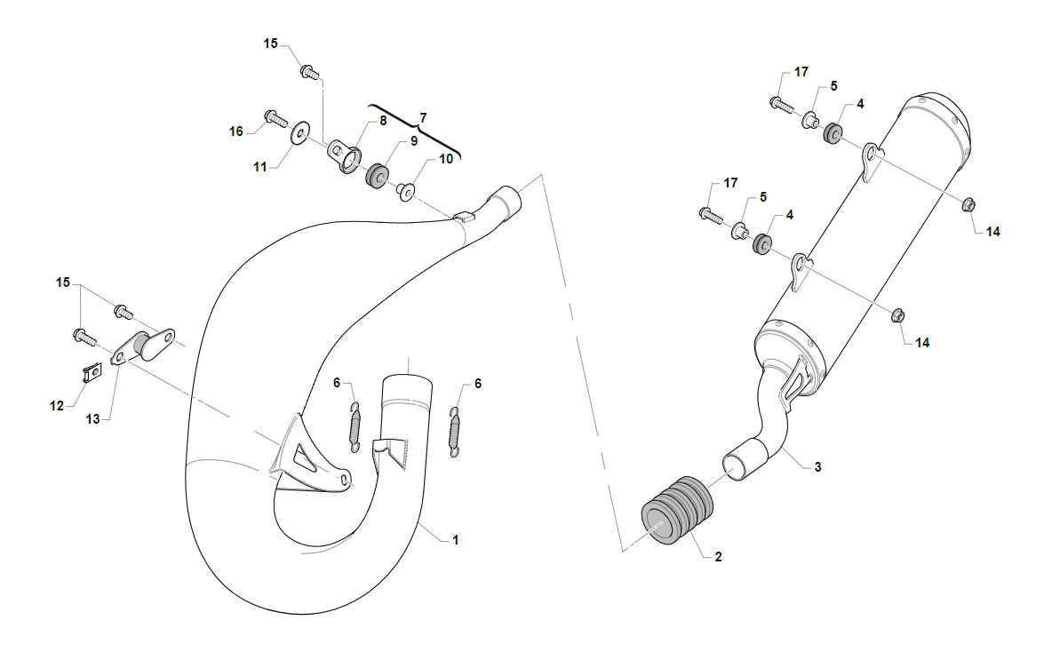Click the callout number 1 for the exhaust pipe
coord(456,540)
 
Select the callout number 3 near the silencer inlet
coord(817,467)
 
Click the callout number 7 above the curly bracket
coord(423,118)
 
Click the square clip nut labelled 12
coord(92,372)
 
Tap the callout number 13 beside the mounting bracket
coord(92,419)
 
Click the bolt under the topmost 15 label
coord(309,71)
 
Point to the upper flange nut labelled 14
coord(968,203)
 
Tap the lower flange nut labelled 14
coord(898,314)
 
